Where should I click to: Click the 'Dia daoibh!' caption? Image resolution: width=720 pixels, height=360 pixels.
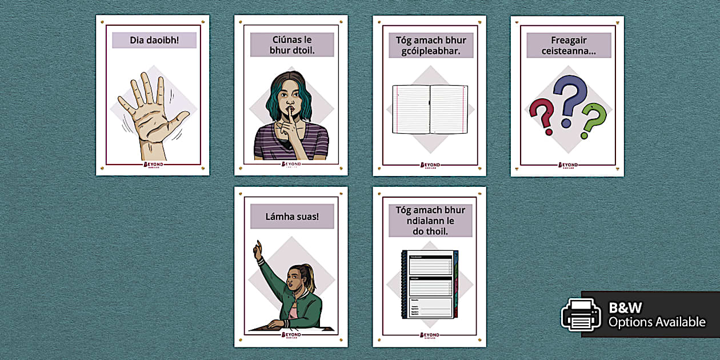click(154, 40)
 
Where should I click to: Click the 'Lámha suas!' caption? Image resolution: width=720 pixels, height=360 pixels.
click(292, 217)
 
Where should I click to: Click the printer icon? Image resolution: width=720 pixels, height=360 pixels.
click(581, 315)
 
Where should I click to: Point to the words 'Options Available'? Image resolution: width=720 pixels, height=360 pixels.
click(657, 322)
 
